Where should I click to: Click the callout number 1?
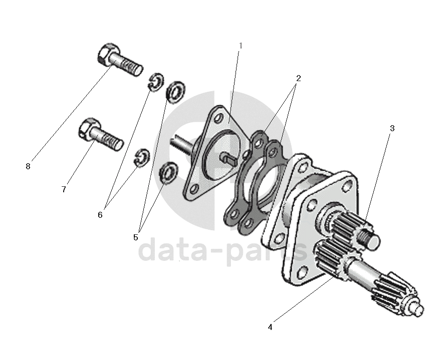pyautogui.click(x=241, y=46)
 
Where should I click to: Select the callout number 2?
pyautogui.click(x=298, y=78)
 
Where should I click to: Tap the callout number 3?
pyautogui.click(x=392, y=128)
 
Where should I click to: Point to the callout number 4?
pyautogui.click(x=270, y=327)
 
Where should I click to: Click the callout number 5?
pyautogui.click(x=136, y=237)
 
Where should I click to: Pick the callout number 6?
pyautogui.click(x=100, y=215)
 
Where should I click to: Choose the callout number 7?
pyautogui.click(x=64, y=190)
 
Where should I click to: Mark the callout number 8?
pyautogui.click(x=28, y=167)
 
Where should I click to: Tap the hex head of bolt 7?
pyautogui.click(x=88, y=128)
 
